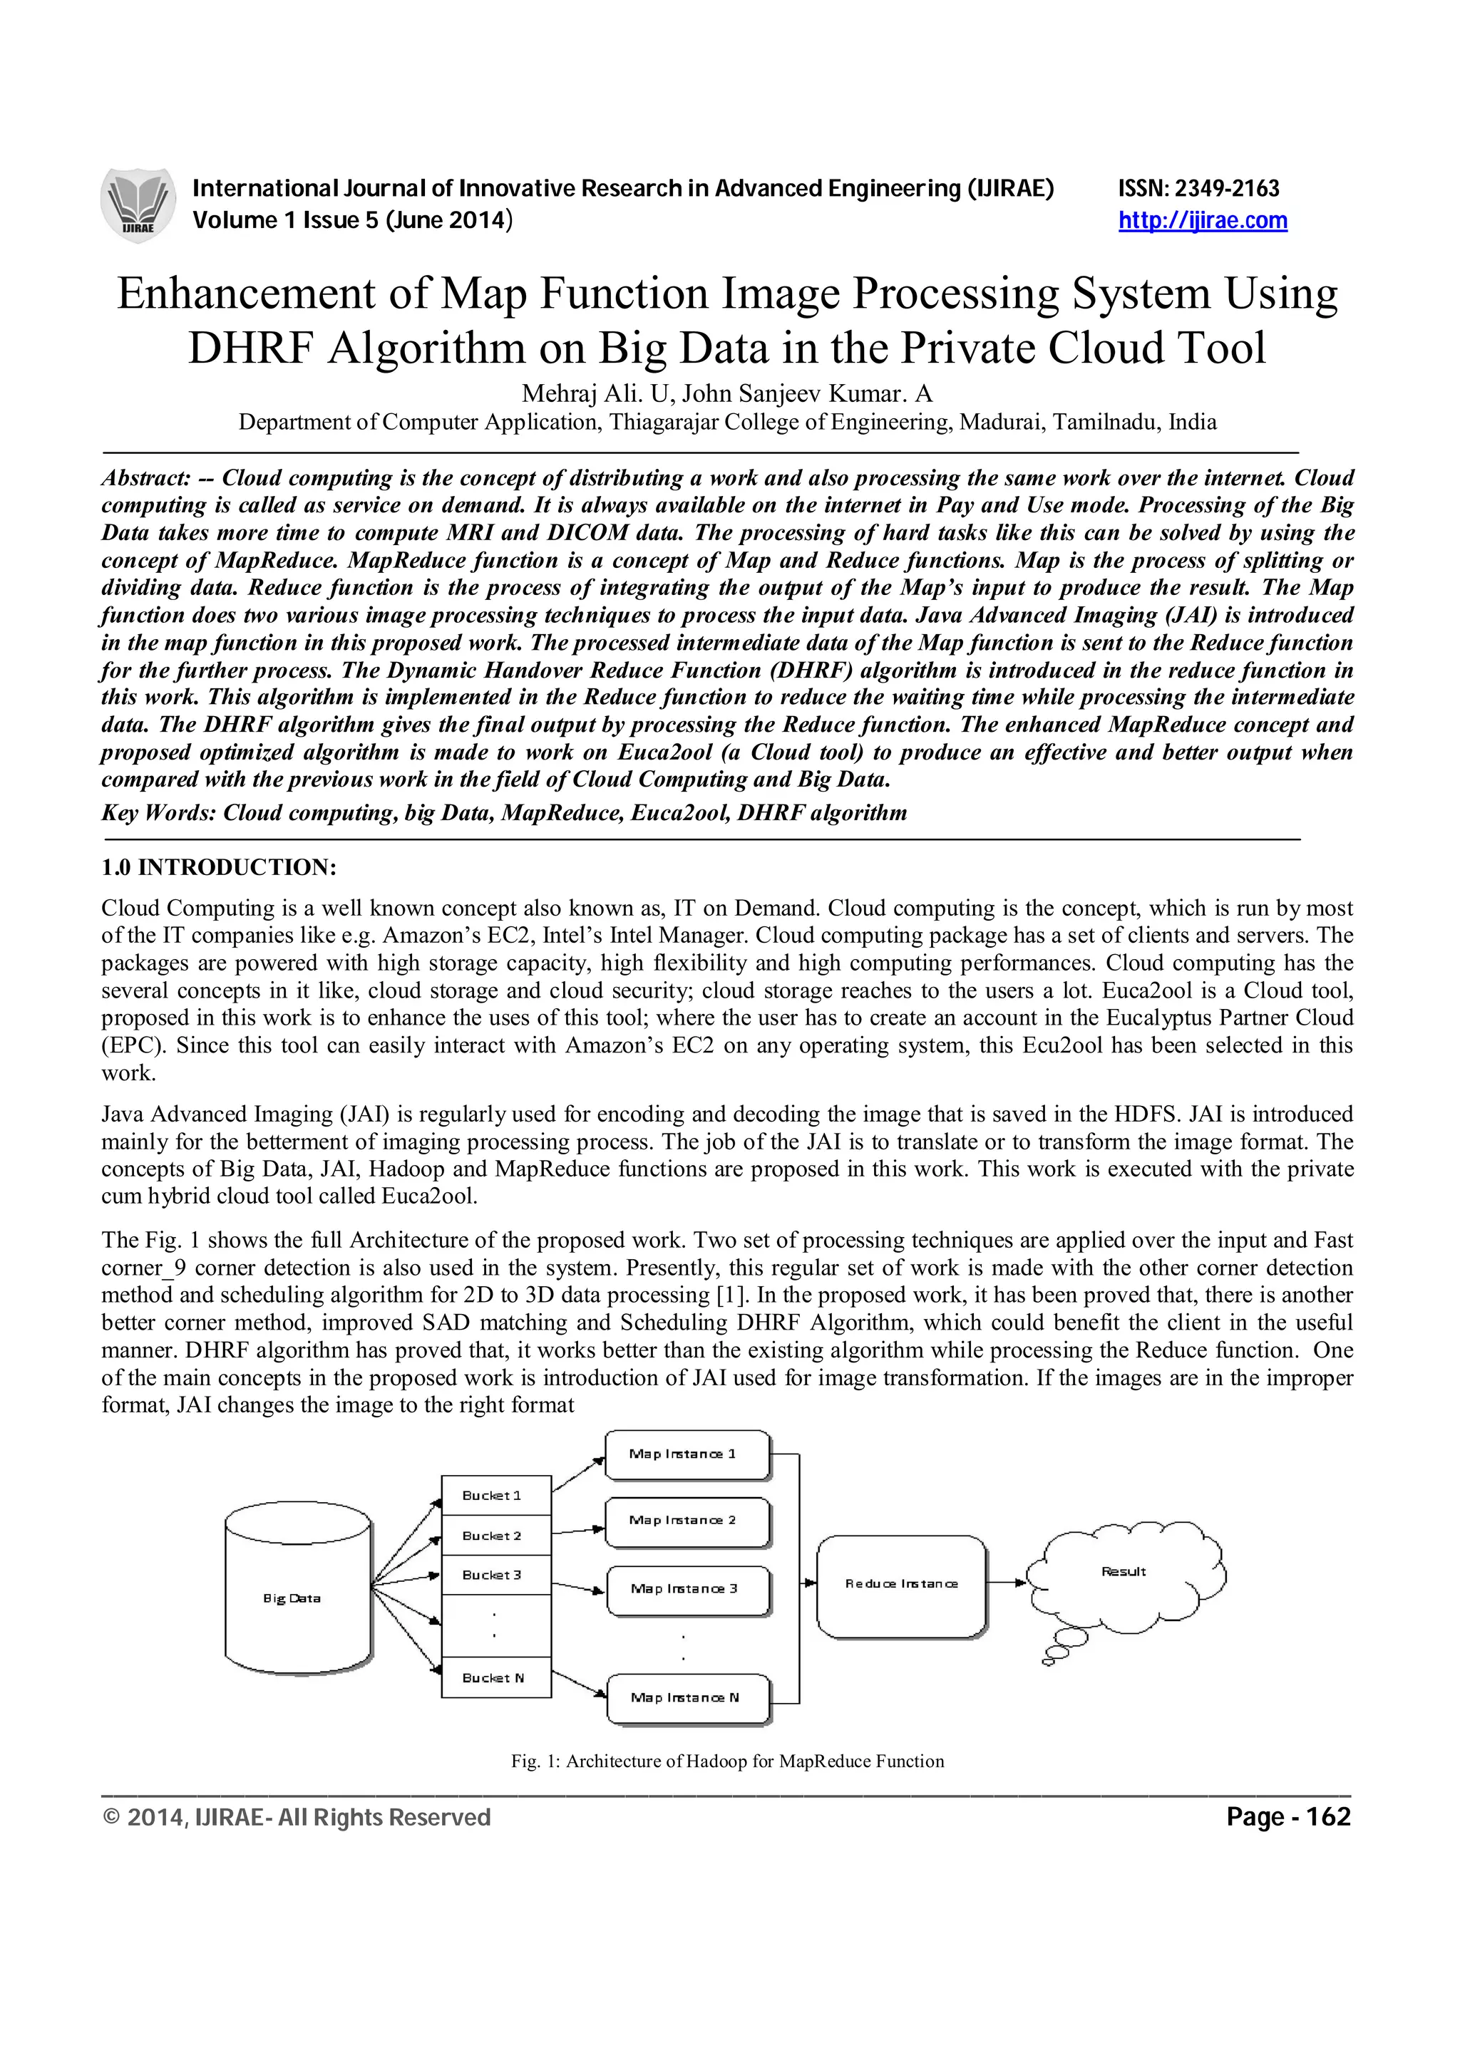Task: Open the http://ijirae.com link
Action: coord(1202,220)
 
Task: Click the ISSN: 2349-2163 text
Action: coord(1198,189)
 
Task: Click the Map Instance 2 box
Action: coord(687,1521)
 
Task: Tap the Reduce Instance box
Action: coord(901,1584)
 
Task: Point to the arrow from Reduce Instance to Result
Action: coord(1007,1583)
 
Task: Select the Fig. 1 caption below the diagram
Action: coord(727,1761)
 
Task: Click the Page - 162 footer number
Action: coord(1287,1818)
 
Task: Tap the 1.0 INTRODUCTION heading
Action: coord(219,867)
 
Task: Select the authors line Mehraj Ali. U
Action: coord(727,394)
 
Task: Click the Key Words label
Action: coord(158,813)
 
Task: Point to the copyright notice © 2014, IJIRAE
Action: coord(297,1818)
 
